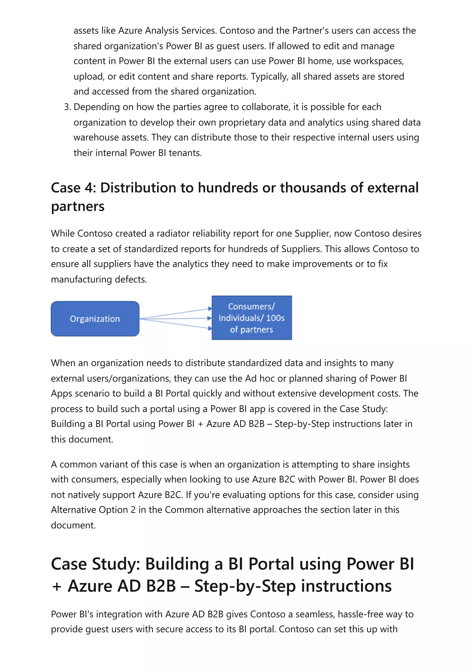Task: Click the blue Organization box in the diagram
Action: coord(95,319)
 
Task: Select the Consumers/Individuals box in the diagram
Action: coord(252,318)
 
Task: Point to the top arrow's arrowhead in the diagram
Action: coord(210,308)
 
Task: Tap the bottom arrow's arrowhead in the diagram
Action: coord(210,329)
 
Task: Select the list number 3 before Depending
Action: coord(67,107)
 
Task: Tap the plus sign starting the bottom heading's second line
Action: coord(57,587)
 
